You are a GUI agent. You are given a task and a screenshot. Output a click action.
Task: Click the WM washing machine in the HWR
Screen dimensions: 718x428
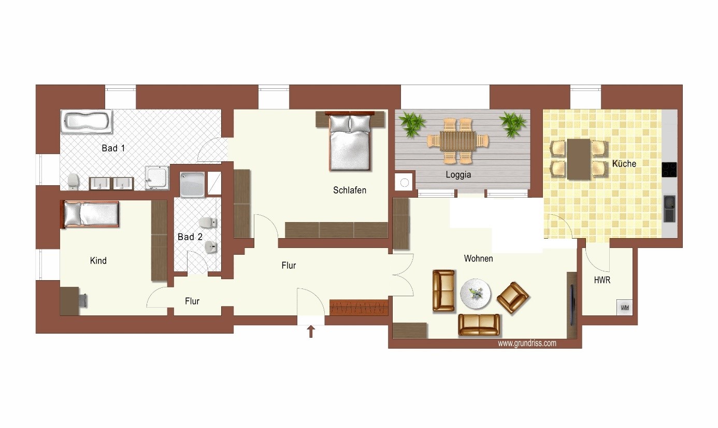click(624, 308)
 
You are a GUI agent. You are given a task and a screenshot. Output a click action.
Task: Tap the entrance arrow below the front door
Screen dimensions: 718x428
click(311, 332)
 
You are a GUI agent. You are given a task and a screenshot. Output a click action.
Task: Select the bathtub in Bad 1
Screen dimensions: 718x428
click(87, 122)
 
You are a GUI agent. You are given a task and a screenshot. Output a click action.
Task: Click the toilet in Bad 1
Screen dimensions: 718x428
click(74, 182)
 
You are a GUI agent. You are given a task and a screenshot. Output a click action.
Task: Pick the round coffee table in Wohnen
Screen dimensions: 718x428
click(476, 294)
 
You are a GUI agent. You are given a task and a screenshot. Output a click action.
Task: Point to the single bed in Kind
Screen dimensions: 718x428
click(91, 214)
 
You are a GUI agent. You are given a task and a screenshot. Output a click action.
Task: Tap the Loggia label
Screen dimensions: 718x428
click(458, 175)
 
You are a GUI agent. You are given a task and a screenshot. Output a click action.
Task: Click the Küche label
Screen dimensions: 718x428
click(624, 163)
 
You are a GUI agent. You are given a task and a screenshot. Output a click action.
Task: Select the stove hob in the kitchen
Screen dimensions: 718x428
click(669, 170)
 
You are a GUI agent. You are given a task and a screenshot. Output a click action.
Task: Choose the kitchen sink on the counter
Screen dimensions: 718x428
click(669, 209)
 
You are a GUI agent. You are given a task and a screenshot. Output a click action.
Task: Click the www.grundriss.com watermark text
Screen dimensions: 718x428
click(527, 343)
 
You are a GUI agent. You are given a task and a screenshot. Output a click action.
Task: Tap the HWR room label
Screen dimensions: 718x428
click(602, 280)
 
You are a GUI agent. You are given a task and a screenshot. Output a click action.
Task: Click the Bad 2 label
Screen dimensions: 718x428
click(190, 237)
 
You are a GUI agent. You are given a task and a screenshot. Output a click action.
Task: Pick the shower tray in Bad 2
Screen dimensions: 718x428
click(192, 184)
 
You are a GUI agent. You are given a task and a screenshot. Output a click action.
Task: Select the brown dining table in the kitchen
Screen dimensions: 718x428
click(579, 159)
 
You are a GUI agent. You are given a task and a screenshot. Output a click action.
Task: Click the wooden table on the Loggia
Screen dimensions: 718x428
click(458, 141)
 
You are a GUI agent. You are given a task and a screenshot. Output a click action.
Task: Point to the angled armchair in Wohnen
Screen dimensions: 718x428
click(513, 297)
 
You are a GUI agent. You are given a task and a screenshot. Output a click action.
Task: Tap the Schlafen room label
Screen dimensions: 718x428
click(349, 190)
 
